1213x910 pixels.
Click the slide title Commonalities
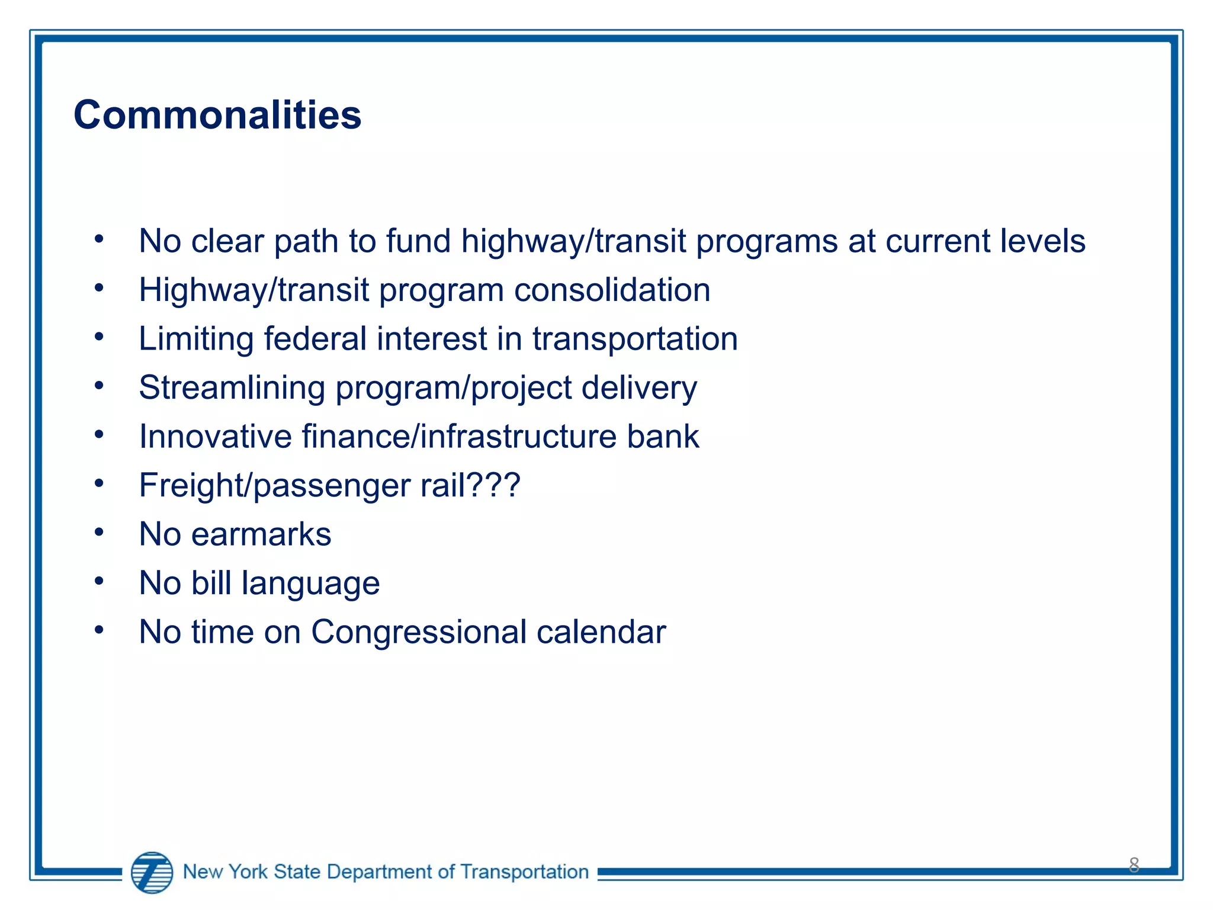point(217,114)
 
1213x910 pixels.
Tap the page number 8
point(1134,865)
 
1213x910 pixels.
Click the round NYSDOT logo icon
point(152,872)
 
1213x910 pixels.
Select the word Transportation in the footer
point(524,871)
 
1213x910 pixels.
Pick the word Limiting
point(196,339)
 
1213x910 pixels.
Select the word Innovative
point(216,437)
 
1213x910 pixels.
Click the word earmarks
point(261,534)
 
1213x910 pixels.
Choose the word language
point(311,584)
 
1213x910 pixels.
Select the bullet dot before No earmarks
point(99,532)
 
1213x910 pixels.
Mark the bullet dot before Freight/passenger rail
point(99,483)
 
